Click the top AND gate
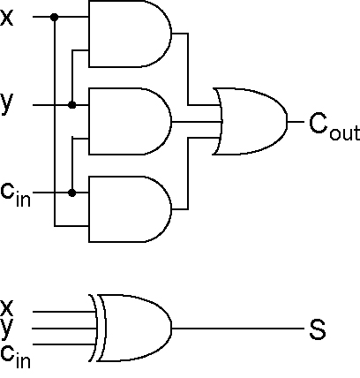coord(130,34)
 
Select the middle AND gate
coord(130,121)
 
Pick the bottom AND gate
coord(130,209)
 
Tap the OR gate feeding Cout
coord(250,121)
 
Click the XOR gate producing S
coord(131,328)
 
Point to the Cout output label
coord(334,125)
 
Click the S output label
coord(318,329)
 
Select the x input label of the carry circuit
coord(6,18)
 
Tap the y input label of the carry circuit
coord(6,103)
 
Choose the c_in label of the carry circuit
coord(16,194)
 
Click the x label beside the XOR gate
coord(6,307)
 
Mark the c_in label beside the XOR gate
coord(16,356)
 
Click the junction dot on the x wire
coord(55,18)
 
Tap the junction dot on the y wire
coord(72,105)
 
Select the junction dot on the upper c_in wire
coord(72,193)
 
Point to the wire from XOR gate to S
coord(237,328)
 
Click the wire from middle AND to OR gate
coord(196,122)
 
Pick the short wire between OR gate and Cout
coord(296,121)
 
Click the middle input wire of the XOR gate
coord(64,329)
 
